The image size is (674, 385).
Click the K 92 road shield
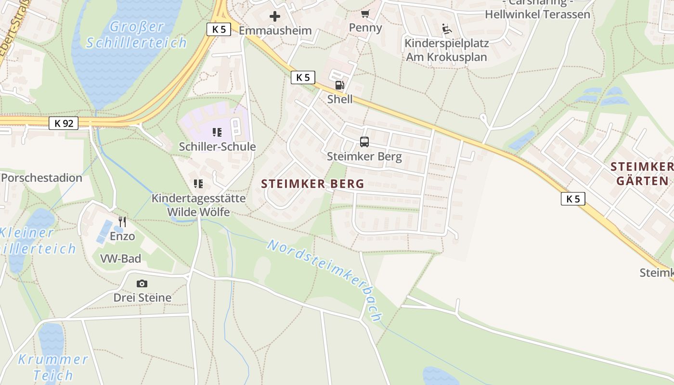click(x=64, y=123)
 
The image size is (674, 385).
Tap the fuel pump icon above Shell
click(x=339, y=86)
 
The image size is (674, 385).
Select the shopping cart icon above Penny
click(x=365, y=13)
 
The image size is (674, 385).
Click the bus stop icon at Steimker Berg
click(x=364, y=142)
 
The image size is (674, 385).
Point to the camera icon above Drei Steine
click(x=142, y=283)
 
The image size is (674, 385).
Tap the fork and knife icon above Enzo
click(x=122, y=222)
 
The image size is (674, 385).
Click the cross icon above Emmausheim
click(x=275, y=16)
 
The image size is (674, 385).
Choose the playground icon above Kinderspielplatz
click(x=447, y=29)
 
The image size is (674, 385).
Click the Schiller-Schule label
click(x=217, y=147)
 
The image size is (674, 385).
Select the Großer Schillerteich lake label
click(x=136, y=34)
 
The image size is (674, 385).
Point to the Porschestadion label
click(x=41, y=178)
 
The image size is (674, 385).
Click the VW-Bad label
click(x=120, y=259)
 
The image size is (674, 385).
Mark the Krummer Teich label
click(x=53, y=367)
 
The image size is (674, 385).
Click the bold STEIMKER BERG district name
click(x=312, y=184)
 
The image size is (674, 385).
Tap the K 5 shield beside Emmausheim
click(x=219, y=29)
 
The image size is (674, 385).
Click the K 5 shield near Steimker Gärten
click(x=573, y=198)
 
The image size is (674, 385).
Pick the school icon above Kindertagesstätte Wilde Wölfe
click(x=198, y=184)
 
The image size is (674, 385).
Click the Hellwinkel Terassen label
click(x=537, y=14)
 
